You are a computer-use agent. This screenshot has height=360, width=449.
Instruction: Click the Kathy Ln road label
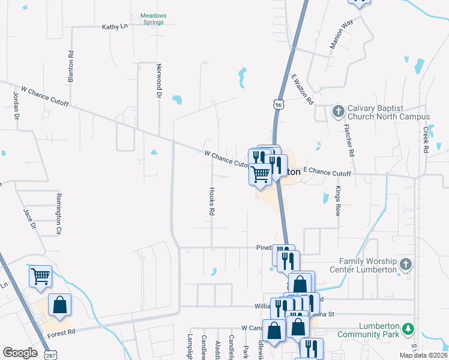(115, 26)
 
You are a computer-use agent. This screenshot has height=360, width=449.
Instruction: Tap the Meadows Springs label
(153, 19)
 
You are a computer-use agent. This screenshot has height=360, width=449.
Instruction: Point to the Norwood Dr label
(159, 81)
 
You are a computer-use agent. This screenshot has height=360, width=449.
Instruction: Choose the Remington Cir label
(59, 214)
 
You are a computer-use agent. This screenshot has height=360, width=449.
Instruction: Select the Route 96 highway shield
(277, 104)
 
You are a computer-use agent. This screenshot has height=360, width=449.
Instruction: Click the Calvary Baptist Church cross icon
(338, 112)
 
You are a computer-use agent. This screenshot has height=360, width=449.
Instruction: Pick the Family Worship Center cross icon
(406, 265)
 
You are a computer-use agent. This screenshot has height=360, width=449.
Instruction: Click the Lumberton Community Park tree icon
(408, 329)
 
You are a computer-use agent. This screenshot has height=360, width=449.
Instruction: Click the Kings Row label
(337, 201)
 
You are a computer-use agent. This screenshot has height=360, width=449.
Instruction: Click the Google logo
(20, 353)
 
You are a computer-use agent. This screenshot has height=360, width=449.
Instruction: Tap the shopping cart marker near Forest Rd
(41, 277)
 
